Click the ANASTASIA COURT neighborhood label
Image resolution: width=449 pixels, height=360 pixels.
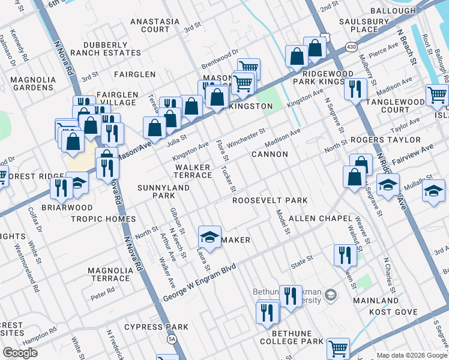click(155, 25)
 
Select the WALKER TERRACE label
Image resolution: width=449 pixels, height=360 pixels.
click(193, 171)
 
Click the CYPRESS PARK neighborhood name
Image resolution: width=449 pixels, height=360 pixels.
click(156, 327)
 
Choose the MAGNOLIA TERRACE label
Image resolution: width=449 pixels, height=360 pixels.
click(109, 274)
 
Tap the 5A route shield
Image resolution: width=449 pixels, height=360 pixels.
click(172, 340)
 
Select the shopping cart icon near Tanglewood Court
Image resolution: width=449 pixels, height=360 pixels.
click(437, 94)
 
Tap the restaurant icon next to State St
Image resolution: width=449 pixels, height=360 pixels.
click(345, 254)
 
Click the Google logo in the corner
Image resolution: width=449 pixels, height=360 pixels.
click(20, 352)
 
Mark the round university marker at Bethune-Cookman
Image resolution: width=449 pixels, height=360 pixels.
click(331, 295)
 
